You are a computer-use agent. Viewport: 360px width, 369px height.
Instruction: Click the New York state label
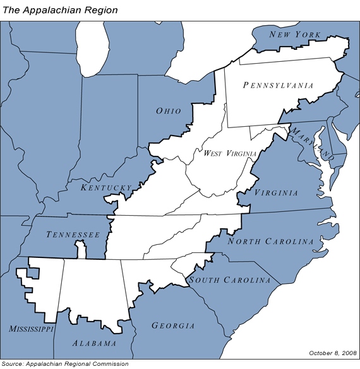[294, 34]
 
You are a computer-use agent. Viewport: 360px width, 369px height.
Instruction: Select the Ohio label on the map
[169, 111]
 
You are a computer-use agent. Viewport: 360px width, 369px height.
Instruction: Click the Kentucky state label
[106, 187]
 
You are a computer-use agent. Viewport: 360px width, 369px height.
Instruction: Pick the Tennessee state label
[73, 235]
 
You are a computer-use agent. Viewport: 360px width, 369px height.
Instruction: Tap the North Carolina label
[270, 242]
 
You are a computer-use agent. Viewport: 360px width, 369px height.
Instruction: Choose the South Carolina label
[230, 280]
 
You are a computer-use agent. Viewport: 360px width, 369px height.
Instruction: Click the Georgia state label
[173, 325]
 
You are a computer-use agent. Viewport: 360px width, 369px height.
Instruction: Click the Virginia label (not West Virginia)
[276, 193]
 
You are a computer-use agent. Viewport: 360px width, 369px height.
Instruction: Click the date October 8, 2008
[333, 353]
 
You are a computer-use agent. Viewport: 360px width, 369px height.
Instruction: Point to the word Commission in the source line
[112, 364]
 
